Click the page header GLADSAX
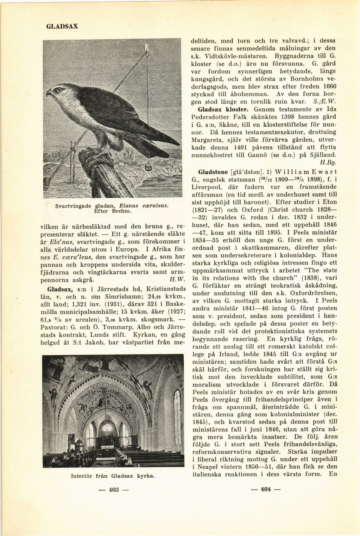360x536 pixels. click(62, 26)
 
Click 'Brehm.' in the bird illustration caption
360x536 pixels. click(121, 211)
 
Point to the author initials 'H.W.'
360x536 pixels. click(175, 280)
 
